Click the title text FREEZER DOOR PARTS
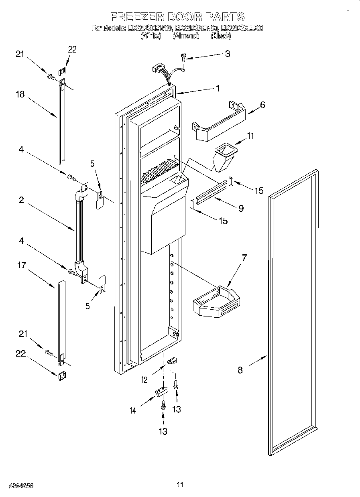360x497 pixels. coord(177,17)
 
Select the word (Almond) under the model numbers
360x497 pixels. coord(185,36)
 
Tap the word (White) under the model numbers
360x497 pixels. coord(151,36)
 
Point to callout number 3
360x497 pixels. coord(227,54)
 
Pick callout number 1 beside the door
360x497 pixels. coord(218,89)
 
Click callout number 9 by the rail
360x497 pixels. coord(241,208)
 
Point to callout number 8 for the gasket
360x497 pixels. coord(240,370)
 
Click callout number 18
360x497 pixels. coord(20,95)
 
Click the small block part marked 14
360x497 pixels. coord(160,391)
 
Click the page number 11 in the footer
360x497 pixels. coord(180,485)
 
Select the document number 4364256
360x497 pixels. coord(20,485)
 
